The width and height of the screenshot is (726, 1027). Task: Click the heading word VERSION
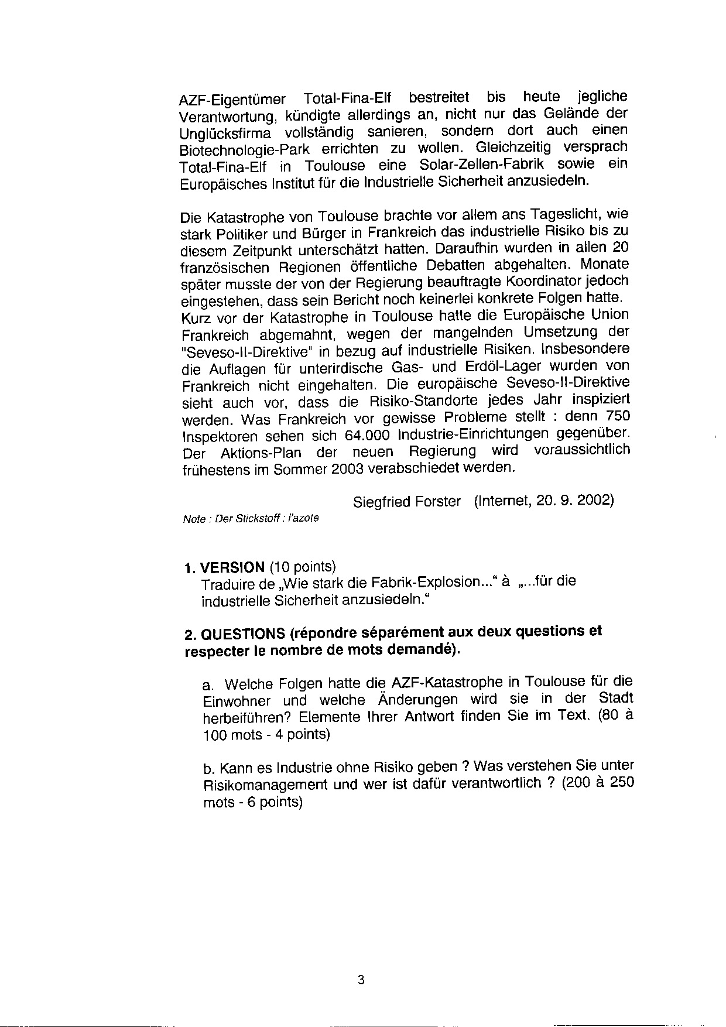pyautogui.click(x=232, y=567)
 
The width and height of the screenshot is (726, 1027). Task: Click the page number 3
pyautogui.click(x=361, y=980)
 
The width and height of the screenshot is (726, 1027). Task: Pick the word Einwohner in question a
pyautogui.click(x=237, y=701)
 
